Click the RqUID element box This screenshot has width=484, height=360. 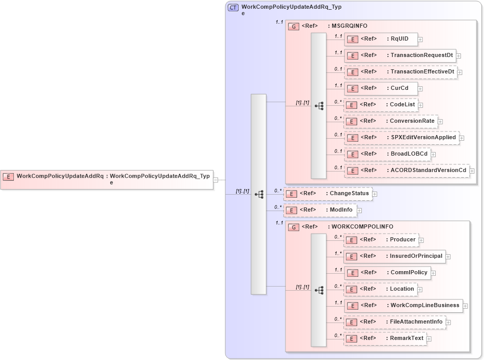[381, 39]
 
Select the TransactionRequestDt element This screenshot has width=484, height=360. [400, 55]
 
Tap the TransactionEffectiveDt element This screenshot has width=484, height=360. [400, 72]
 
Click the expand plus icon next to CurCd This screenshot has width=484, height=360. [420, 88]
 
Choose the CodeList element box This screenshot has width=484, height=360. [380, 105]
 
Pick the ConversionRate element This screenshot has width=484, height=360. [391, 121]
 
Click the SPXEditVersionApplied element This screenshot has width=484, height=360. [401, 138]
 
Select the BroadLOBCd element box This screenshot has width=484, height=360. [387, 154]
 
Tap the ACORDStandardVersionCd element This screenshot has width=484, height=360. [406, 170]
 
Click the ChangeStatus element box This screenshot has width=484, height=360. [328, 194]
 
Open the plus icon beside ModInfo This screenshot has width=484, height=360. [360, 210]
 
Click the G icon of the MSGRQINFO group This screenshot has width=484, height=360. [294, 26]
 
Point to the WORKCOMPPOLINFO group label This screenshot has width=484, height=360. [362, 226]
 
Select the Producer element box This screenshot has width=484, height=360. [381, 240]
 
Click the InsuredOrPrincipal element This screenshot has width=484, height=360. [394, 256]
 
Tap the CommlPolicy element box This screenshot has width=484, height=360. [387, 273]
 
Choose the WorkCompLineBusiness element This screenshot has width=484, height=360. [403, 306]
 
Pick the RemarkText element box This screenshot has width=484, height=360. [385, 338]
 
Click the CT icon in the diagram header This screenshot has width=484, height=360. [234, 7]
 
